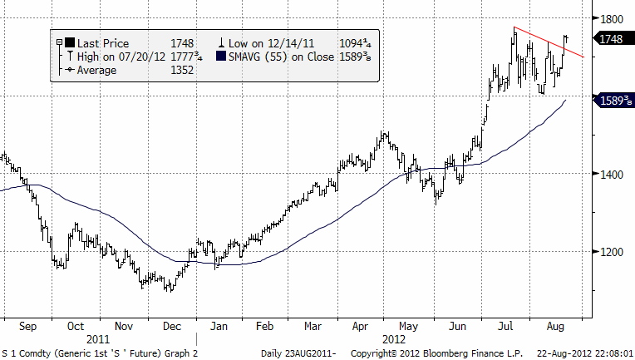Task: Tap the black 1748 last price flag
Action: pyautogui.click(x=610, y=38)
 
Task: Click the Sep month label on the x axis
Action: pyautogui.click(x=25, y=327)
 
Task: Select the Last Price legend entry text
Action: pyautogui.click(x=104, y=42)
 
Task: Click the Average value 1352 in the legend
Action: pyautogui.click(x=181, y=70)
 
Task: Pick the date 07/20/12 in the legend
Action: pyautogui.click(x=130, y=57)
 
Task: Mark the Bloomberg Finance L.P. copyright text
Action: pyautogui.click(x=445, y=353)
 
